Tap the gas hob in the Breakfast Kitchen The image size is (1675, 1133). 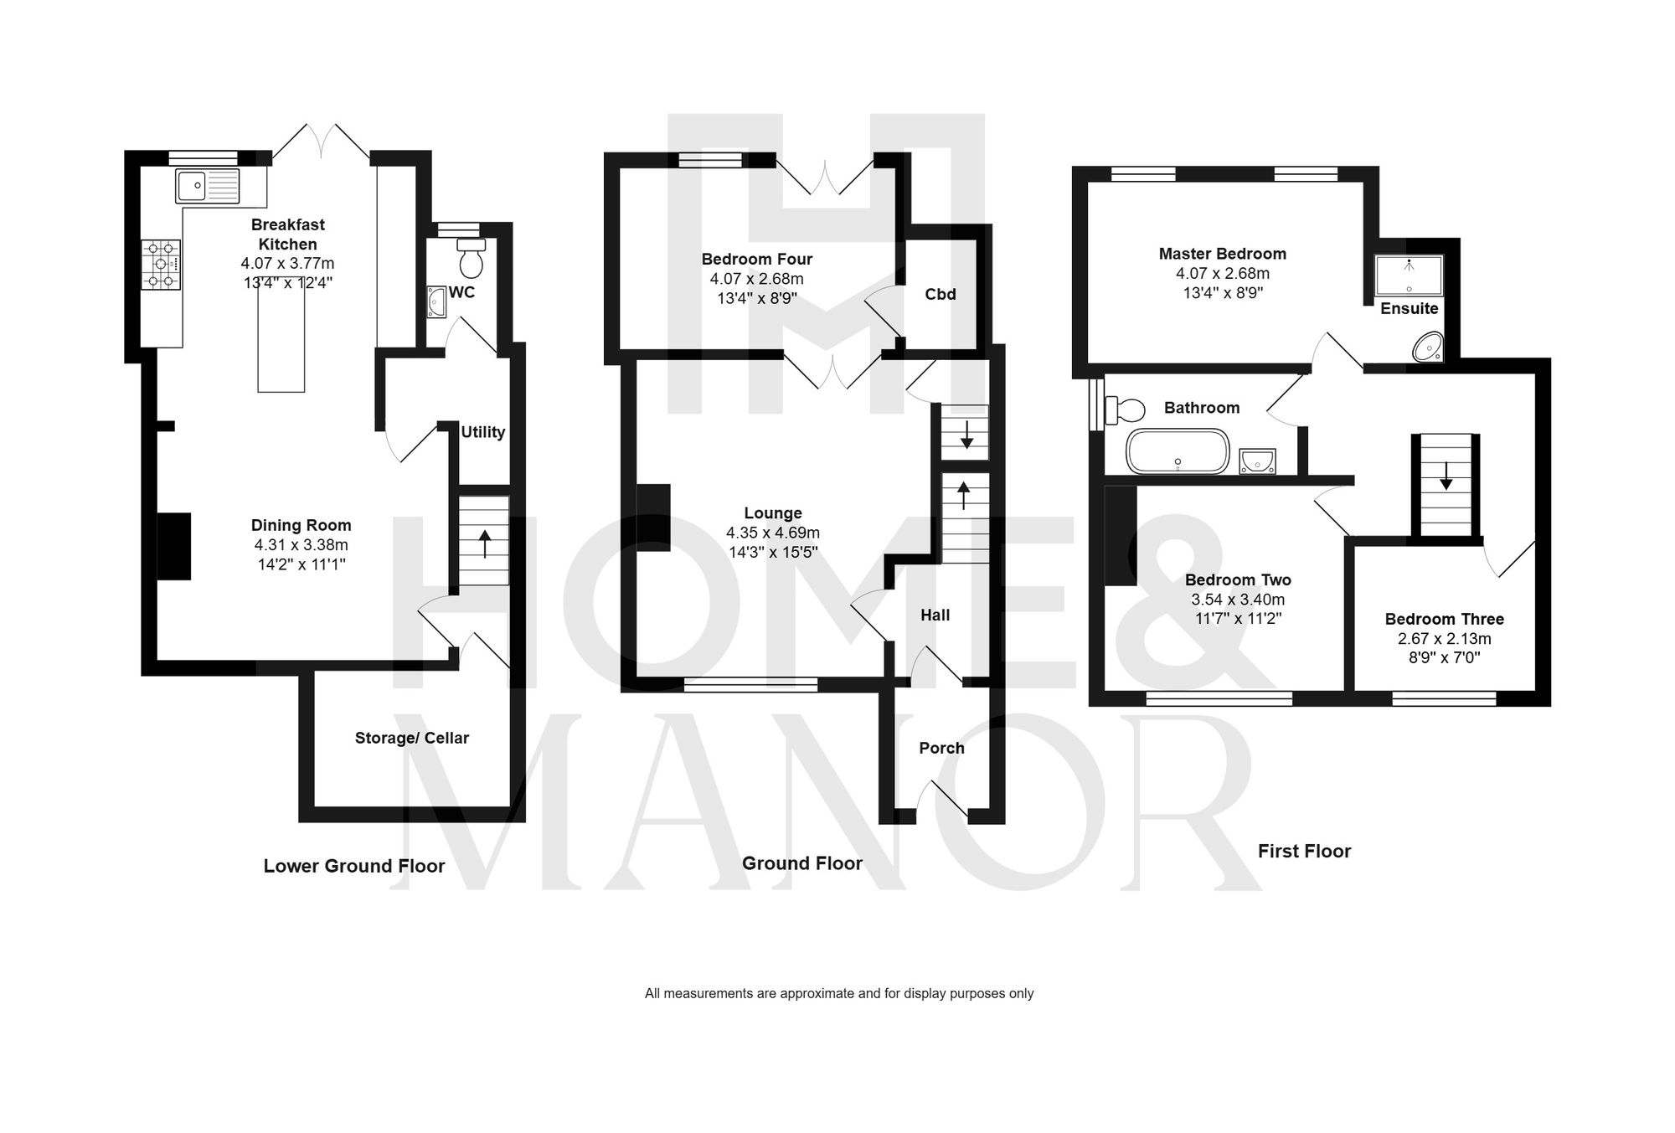162,265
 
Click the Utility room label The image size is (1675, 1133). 483,432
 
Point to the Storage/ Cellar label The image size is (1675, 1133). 411,738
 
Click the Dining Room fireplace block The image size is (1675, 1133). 174,546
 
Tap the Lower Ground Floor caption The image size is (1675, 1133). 353,866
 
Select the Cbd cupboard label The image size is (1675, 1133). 940,295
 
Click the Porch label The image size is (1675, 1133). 941,748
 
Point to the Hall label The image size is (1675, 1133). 935,615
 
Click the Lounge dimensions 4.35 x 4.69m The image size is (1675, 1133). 772,533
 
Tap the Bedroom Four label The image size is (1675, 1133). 756,259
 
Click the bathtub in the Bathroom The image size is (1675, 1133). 1178,451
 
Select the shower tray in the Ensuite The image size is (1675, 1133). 1410,276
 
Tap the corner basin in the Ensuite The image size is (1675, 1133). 1428,347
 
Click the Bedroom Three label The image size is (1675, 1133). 1444,619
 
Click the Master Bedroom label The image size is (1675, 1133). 1222,254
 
